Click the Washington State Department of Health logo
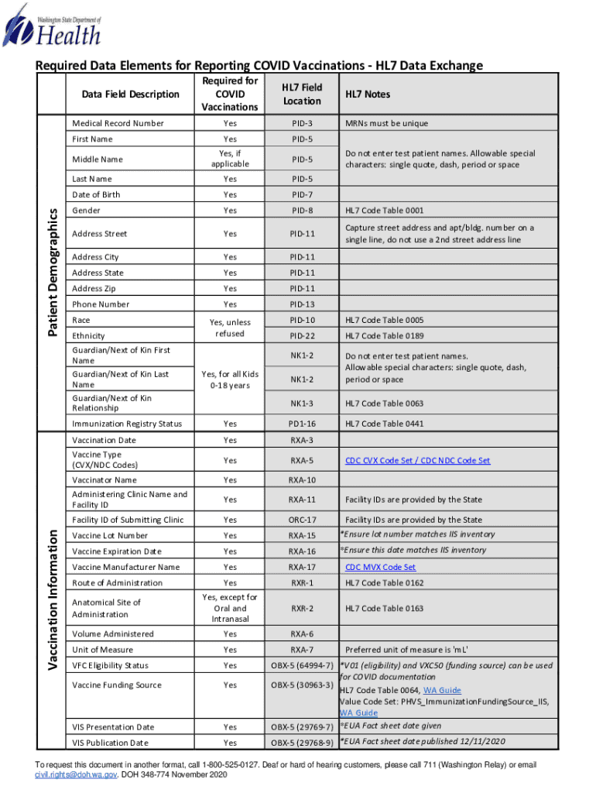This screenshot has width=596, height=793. pos(53,26)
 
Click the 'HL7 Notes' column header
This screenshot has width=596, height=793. pos(368,94)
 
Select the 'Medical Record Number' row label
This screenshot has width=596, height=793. pos(118,123)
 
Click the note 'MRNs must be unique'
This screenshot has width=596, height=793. pos(386,123)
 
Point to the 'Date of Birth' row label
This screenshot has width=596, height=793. pos(96,194)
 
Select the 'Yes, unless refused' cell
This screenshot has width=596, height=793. pos(231,328)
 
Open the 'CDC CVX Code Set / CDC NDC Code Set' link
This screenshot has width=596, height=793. pos(417,461)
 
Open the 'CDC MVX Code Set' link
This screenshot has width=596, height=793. pos(380,567)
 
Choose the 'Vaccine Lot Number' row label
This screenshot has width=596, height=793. pos(110,535)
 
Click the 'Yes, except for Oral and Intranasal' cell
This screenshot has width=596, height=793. pos(230,608)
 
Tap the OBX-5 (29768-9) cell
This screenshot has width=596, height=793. pos(302,743)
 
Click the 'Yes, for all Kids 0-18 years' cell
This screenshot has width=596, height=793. pos(230,379)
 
